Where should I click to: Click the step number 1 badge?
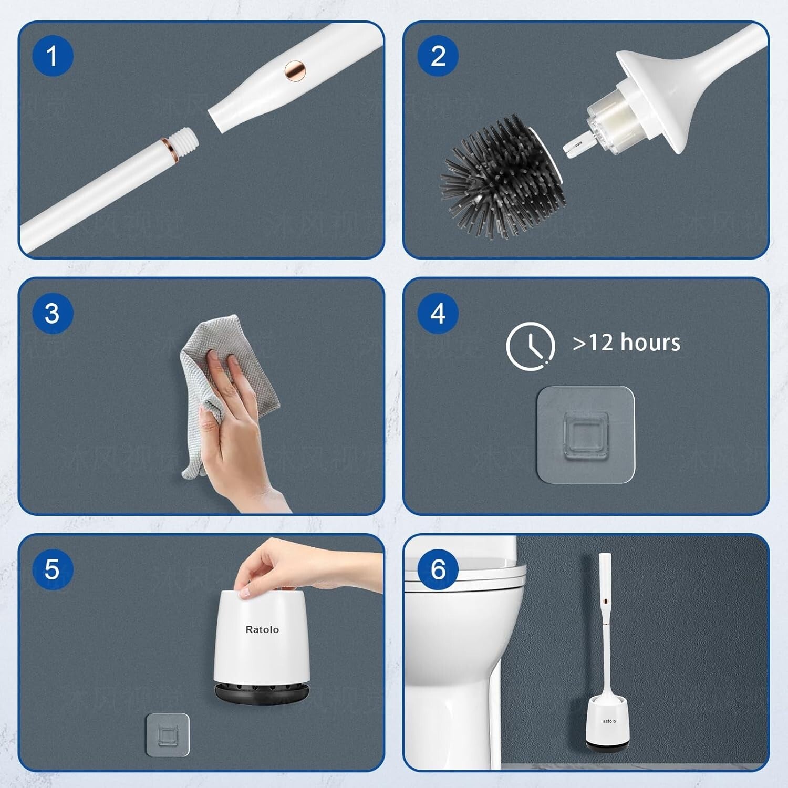tap(52, 56)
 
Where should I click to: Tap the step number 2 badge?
tap(438, 56)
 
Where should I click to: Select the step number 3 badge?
tap(52, 313)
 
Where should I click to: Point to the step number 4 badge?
tap(438, 313)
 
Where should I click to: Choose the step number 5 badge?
tap(52, 569)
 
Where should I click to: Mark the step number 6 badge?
tap(438, 569)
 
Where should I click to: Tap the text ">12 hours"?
tap(626, 343)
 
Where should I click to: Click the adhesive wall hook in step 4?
tap(585, 434)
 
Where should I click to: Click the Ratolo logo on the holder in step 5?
tap(262, 629)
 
